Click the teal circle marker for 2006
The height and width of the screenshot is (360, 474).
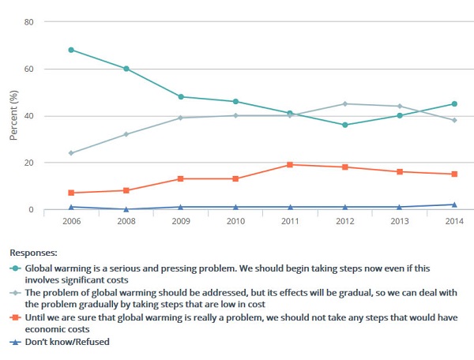pyautogui.click(x=71, y=50)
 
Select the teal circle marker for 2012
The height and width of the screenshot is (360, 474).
pyautogui.click(x=344, y=125)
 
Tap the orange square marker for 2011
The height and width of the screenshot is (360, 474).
pyautogui.click(x=290, y=165)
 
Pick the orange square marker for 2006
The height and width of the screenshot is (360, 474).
pyautogui.click(x=71, y=193)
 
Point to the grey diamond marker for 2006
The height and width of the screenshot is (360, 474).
pyautogui.click(x=71, y=153)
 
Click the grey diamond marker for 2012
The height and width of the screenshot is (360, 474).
pyautogui.click(x=344, y=104)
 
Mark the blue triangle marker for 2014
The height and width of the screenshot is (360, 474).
pyautogui.click(x=453, y=204)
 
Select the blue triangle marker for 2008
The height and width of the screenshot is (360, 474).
pyautogui.click(x=126, y=209)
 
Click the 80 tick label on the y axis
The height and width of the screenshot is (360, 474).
pyautogui.click(x=28, y=21)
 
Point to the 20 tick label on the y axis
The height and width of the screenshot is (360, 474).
pyautogui.click(x=28, y=163)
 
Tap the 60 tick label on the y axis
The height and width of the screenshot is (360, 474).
pyautogui.click(x=28, y=69)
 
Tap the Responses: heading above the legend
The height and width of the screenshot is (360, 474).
pyautogui.click(x=33, y=253)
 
